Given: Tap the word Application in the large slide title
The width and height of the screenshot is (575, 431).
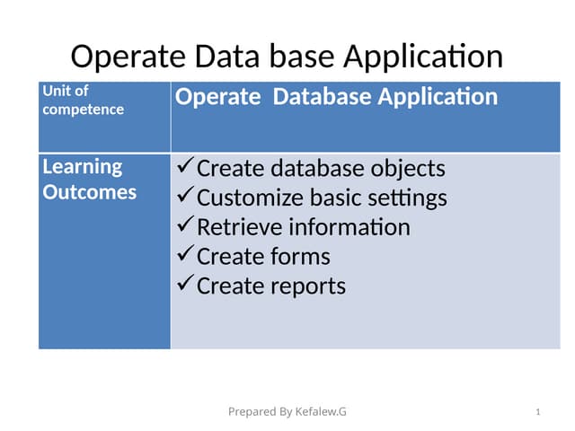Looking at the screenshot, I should coord(422,57).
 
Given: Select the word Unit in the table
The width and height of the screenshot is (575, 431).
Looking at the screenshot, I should coord(55,91).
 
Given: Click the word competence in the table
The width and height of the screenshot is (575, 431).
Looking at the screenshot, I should coord(83,110).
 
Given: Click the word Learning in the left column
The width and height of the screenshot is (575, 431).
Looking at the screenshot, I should coord(82,167).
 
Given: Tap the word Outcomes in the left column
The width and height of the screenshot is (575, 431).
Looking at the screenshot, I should coord(90,192).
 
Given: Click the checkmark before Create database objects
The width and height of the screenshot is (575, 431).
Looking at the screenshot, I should coord(183,167).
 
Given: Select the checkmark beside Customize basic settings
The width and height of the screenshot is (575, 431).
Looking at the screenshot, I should coord(183,196).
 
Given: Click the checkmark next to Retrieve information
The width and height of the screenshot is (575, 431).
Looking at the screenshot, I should coord(183,225).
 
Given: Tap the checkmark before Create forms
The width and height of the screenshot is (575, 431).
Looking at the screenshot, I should coord(183,255).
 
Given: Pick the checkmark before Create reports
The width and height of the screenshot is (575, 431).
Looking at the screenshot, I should coord(183,285).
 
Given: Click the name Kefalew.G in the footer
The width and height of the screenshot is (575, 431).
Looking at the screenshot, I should coord(320,412).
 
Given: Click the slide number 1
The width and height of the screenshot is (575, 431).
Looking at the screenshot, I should coord(536,412).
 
